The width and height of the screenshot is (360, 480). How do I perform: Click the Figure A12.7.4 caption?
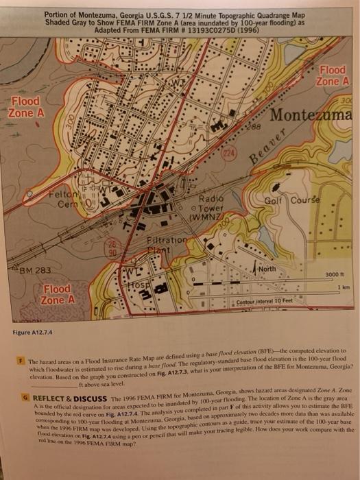tap(33, 333)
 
